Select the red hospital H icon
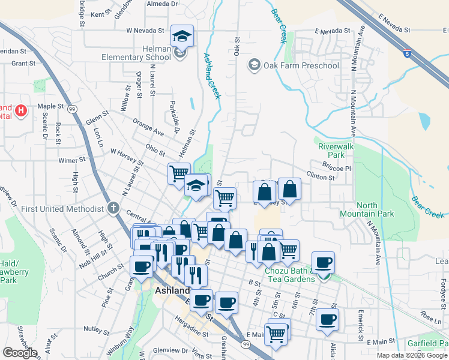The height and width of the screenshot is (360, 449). [21, 110]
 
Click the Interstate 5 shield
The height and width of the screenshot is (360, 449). [408, 54]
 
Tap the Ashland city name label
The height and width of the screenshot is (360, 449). [172, 290]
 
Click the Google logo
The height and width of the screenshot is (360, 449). [20, 353]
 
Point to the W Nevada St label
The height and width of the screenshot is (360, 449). [145, 30]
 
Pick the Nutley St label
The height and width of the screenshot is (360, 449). [96, 329]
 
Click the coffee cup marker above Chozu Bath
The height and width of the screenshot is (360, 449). [323, 262]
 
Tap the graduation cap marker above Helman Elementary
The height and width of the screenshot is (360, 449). [181, 36]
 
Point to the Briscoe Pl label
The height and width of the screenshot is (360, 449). [336, 168]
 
